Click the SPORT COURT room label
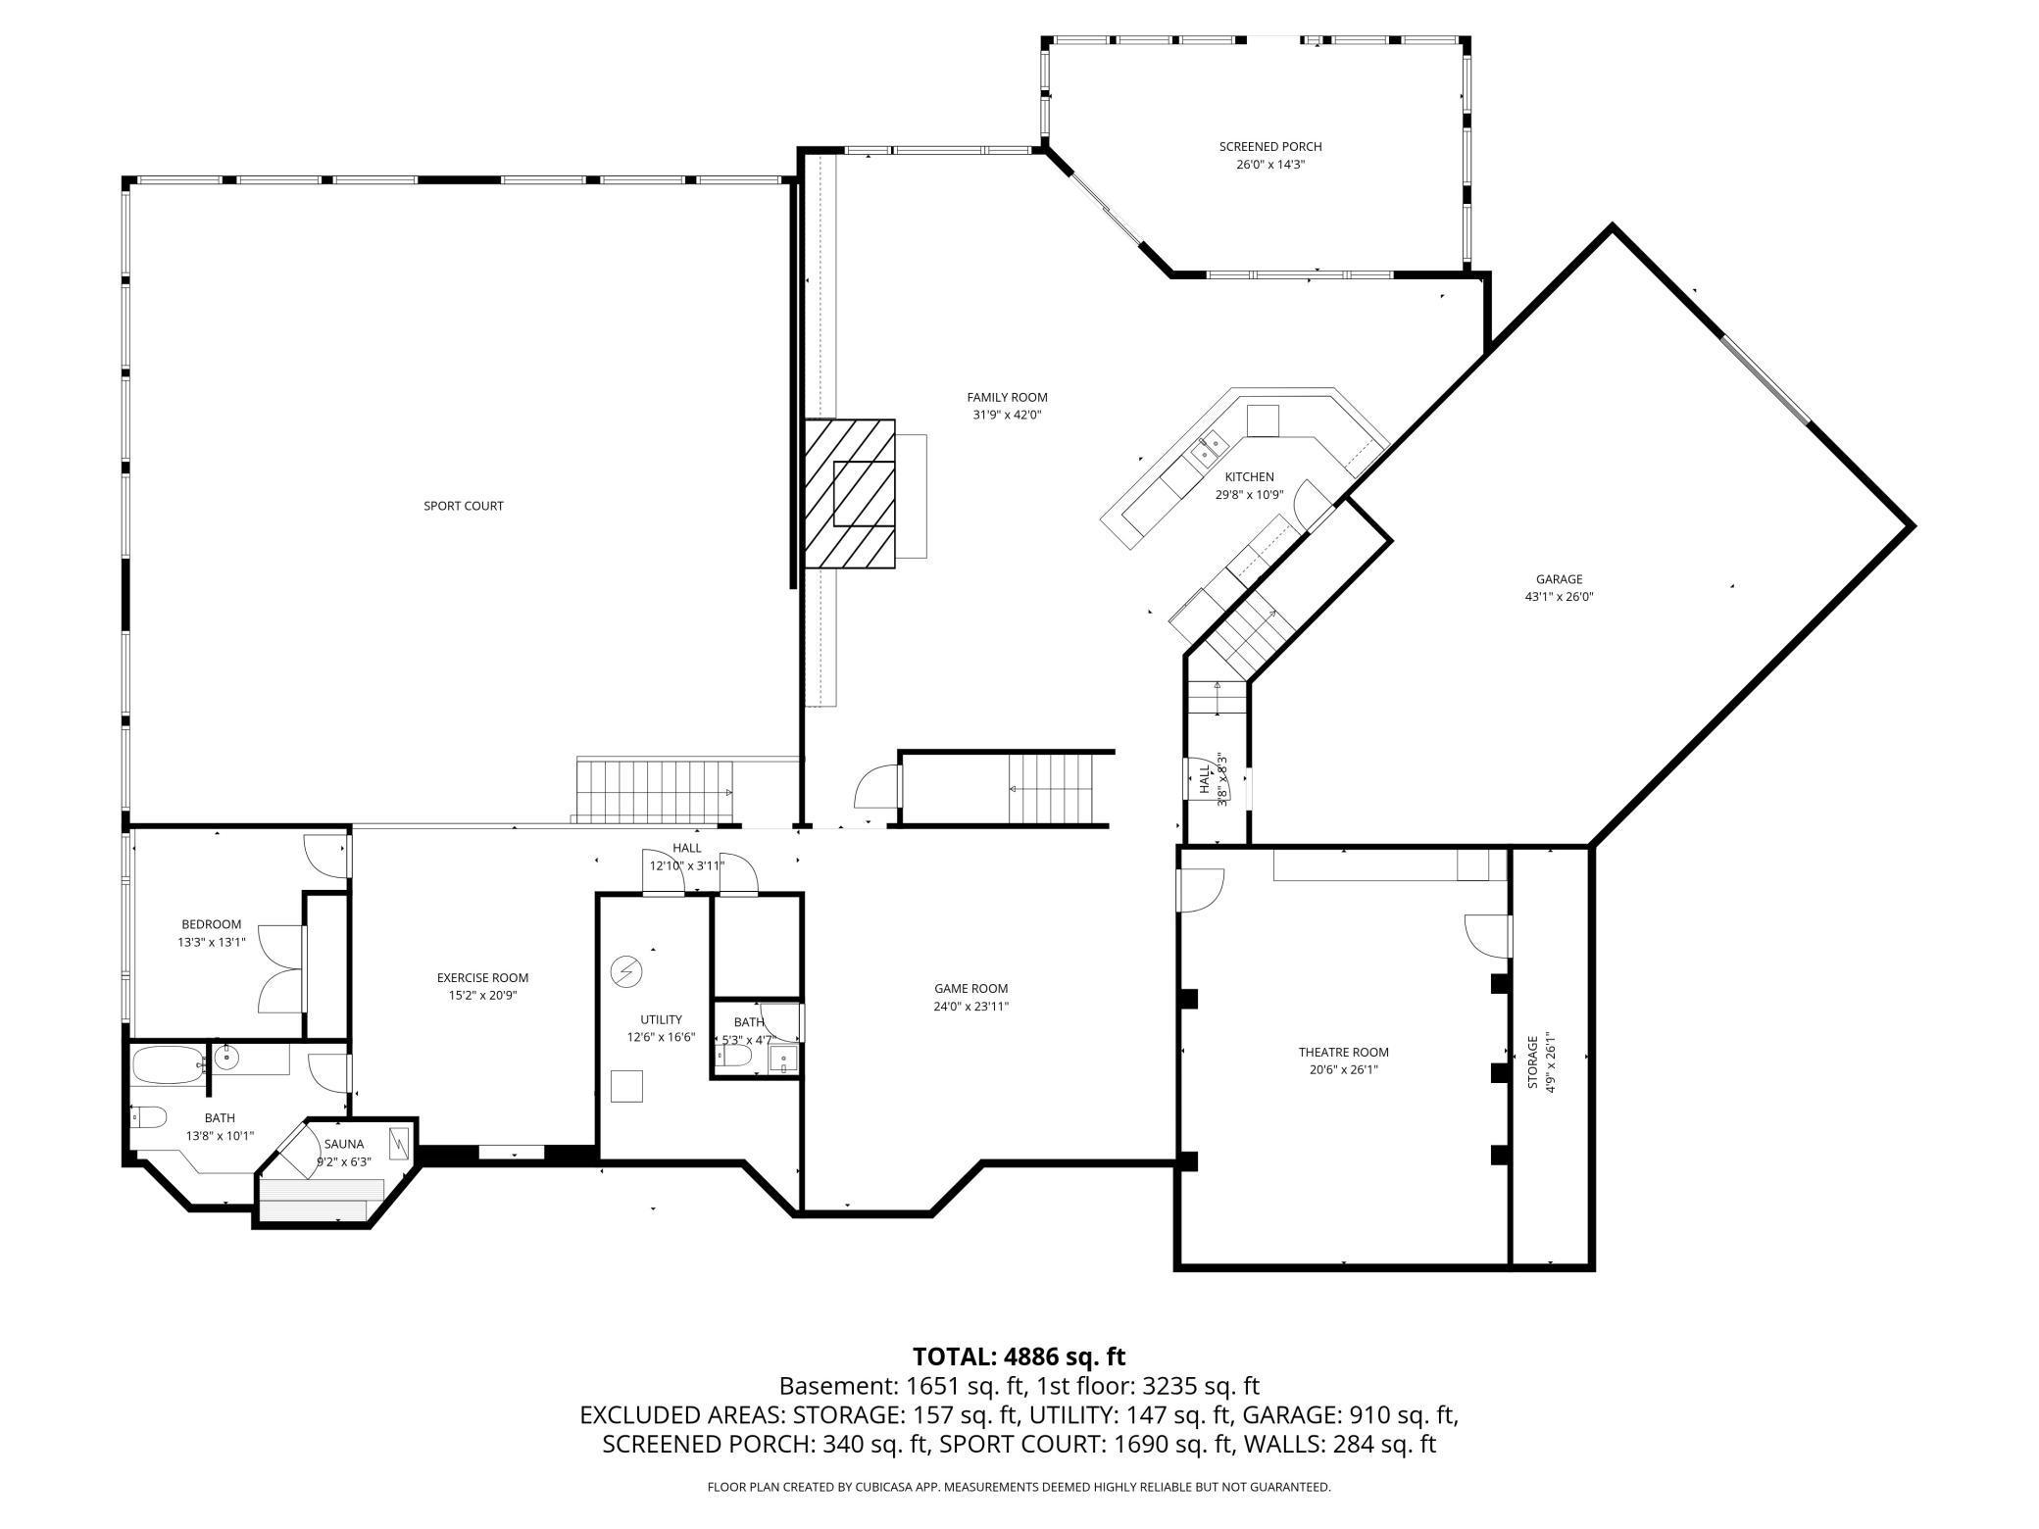coord(463,506)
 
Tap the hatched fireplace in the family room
coord(850,494)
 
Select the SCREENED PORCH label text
coord(1269,147)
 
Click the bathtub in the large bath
coord(167,1065)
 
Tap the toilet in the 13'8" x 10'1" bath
coord(147,1116)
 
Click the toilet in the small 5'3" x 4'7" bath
coord(734,1056)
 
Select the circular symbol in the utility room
coord(624,971)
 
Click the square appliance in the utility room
coord(626,1087)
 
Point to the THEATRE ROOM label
coord(1343,1053)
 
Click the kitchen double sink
coord(1208,448)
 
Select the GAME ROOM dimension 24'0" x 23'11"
coord(970,1007)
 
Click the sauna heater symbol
coord(400,1144)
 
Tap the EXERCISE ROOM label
coord(482,977)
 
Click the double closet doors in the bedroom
coord(282,968)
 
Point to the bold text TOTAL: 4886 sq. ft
coord(1019,1356)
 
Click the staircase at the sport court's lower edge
coord(654,792)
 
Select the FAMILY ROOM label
coord(1007,397)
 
